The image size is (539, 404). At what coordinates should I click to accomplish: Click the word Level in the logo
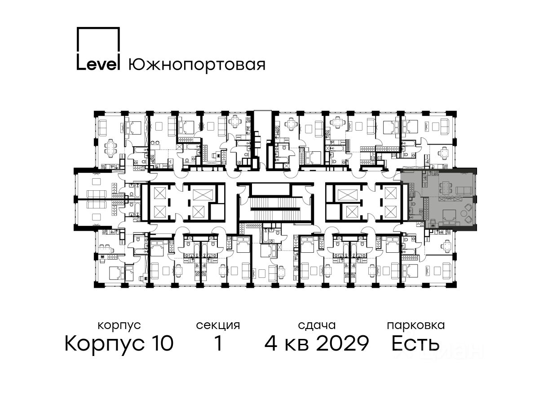98,65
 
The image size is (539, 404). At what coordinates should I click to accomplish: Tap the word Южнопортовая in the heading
197,66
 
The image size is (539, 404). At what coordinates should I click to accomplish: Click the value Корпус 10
119,343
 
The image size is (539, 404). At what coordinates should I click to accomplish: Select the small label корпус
119,325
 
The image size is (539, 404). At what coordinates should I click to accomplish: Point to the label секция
218,325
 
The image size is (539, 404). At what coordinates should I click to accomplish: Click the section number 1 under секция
218,343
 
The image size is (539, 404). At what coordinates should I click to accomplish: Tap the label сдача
317,325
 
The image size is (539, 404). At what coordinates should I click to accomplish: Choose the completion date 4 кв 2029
317,343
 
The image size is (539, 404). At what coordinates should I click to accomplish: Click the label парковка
416,325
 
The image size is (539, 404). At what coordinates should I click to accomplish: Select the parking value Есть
415,343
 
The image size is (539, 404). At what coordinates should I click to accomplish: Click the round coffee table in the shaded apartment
464,213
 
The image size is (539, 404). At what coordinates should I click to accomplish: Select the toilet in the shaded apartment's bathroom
411,209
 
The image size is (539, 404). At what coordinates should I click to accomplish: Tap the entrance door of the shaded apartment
398,176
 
